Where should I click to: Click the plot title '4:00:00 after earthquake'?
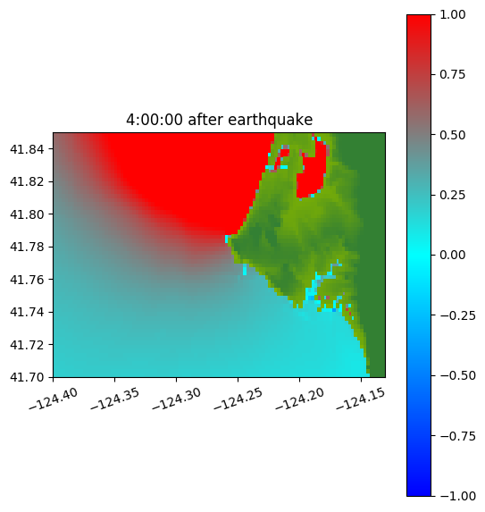220,120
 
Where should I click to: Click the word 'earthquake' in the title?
271,120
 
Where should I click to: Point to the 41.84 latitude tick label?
27,149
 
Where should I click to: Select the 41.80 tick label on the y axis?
27,214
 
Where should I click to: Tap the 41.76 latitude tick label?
27,280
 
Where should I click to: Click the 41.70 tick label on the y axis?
27,377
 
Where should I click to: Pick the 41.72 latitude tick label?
27,345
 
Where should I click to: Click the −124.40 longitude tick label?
54,399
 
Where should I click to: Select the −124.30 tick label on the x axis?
176,399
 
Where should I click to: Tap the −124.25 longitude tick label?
238,399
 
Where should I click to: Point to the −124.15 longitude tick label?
361,399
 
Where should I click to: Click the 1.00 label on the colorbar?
452,14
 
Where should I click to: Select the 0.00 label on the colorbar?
452,255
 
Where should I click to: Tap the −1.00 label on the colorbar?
457,496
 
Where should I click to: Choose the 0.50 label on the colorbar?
452,135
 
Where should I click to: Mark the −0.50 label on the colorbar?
457,375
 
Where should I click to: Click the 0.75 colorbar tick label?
452,75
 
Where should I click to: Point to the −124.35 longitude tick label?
114,399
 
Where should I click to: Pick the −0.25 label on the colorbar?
457,315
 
